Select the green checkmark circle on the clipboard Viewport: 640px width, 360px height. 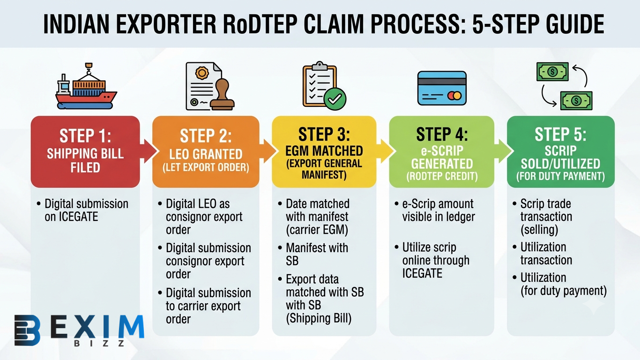click(x=335, y=99)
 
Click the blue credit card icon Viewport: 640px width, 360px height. click(x=442, y=88)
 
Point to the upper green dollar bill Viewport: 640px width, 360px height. click(x=552, y=72)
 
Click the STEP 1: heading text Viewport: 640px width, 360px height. click(x=85, y=135)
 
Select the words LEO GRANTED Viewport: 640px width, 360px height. click(x=206, y=154)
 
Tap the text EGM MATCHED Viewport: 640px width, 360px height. click(x=324, y=150)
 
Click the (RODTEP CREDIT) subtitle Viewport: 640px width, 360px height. click(x=442, y=176)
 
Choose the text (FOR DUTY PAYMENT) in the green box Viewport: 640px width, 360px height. click(x=560, y=176)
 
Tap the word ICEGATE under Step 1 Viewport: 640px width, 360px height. click(x=71, y=217)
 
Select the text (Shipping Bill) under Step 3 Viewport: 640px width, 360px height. click(x=319, y=318)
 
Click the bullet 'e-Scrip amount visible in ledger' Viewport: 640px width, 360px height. click(x=438, y=210)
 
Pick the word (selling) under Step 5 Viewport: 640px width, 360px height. click(x=539, y=230)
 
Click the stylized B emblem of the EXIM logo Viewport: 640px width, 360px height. click(x=27, y=330)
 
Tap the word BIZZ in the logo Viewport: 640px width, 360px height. click(x=99, y=343)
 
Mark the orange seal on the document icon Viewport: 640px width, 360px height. click(x=202, y=73)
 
